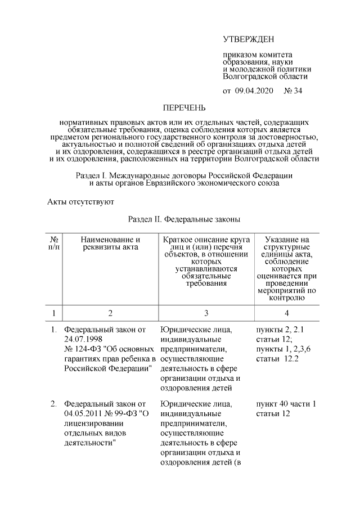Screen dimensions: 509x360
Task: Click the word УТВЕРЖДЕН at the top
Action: point(248,39)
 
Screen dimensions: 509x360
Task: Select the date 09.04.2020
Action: point(253,91)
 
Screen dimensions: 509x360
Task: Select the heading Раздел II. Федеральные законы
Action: point(184,219)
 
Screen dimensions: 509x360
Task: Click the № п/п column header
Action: point(54,244)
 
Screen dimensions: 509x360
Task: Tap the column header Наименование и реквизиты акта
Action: point(110,244)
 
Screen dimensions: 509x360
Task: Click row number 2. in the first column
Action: point(53,404)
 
